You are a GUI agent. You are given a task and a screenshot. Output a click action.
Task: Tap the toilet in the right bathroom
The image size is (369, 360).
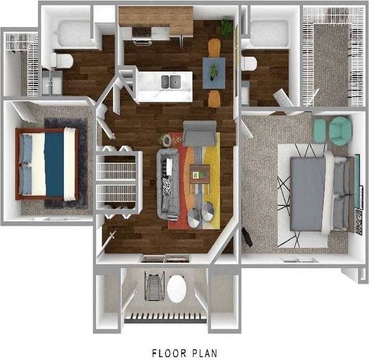[249, 63]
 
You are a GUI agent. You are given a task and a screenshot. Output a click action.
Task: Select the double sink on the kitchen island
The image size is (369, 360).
[171, 82]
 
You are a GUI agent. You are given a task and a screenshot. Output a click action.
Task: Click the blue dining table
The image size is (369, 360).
[214, 73]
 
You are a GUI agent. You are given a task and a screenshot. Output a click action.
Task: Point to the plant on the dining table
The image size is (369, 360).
[214, 72]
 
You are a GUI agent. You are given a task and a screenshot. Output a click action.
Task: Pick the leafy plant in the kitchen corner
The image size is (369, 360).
[226, 26]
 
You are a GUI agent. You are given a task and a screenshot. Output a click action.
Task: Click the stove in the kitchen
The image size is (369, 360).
[141, 34]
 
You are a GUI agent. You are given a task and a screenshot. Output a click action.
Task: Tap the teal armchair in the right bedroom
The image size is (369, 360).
[340, 131]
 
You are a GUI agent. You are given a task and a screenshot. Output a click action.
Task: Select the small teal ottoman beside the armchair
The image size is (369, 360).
[319, 131]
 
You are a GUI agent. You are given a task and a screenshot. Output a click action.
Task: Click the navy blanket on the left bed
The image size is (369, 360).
[54, 163]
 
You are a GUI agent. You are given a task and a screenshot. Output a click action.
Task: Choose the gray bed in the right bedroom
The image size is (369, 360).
[309, 193]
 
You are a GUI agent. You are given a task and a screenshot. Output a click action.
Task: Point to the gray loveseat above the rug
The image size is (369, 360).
[199, 133]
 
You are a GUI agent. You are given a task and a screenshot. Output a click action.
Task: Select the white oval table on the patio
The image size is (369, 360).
[177, 288]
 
